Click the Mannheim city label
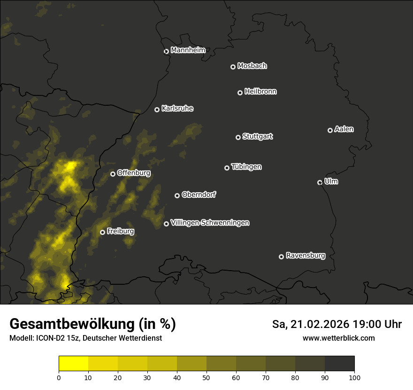188,50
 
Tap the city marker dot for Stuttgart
238,137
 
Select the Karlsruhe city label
177,109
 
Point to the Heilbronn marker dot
240,93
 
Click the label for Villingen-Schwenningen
210,223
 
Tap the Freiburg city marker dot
102,232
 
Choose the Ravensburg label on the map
305,256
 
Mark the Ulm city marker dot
320,182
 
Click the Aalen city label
344,129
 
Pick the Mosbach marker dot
233,67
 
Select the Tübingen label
246,167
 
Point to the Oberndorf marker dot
177,195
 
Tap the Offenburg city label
134,173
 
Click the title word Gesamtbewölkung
70,324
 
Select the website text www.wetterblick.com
339,338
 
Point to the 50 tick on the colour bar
206,377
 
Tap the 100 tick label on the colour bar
354,377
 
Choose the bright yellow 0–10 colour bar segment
74,363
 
